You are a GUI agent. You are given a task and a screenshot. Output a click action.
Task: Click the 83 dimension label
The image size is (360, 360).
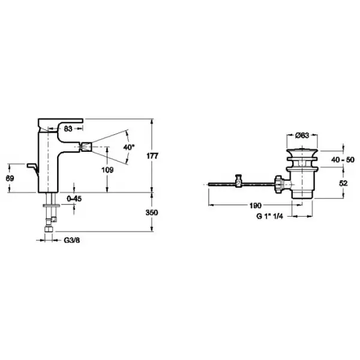pyautogui.click(x=68, y=129)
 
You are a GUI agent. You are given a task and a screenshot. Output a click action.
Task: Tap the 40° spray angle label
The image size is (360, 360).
pyautogui.click(x=129, y=147)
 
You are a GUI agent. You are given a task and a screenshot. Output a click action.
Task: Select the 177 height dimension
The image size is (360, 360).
pyautogui.click(x=152, y=156)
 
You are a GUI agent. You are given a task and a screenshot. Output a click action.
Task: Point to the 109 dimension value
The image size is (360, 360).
pyautogui.click(x=107, y=170)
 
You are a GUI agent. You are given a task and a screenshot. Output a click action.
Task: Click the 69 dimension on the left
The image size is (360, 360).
pyautogui.click(x=10, y=178)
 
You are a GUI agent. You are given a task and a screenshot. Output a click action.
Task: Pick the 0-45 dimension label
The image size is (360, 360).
pyautogui.click(x=74, y=199)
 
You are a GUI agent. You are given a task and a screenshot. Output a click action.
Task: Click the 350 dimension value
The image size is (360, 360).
pyautogui.click(x=152, y=212)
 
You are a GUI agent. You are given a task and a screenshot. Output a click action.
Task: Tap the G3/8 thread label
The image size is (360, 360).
pyautogui.click(x=72, y=241)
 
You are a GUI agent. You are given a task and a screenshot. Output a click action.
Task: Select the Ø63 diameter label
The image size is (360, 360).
pyautogui.click(x=302, y=136)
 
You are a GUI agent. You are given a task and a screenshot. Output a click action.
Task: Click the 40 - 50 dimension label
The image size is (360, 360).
pyautogui.click(x=343, y=160)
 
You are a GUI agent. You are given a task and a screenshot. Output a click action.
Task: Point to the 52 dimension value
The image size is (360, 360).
pyautogui.click(x=343, y=183)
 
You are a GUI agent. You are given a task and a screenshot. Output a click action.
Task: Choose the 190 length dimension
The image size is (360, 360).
pyautogui.click(x=256, y=206)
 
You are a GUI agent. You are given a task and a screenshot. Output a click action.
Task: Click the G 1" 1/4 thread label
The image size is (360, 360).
pyautogui.click(x=269, y=216)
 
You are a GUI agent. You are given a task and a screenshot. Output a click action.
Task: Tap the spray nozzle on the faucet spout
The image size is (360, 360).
pyautogui.click(x=86, y=147)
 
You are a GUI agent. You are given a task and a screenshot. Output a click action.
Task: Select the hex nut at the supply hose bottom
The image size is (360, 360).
pyautogui.click(x=49, y=230)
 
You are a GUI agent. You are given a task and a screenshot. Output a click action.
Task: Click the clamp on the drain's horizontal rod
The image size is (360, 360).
pyautogui.click(x=239, y=181)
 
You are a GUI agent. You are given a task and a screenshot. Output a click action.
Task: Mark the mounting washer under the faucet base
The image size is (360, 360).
pyautogui.click(x=51, y=205)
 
